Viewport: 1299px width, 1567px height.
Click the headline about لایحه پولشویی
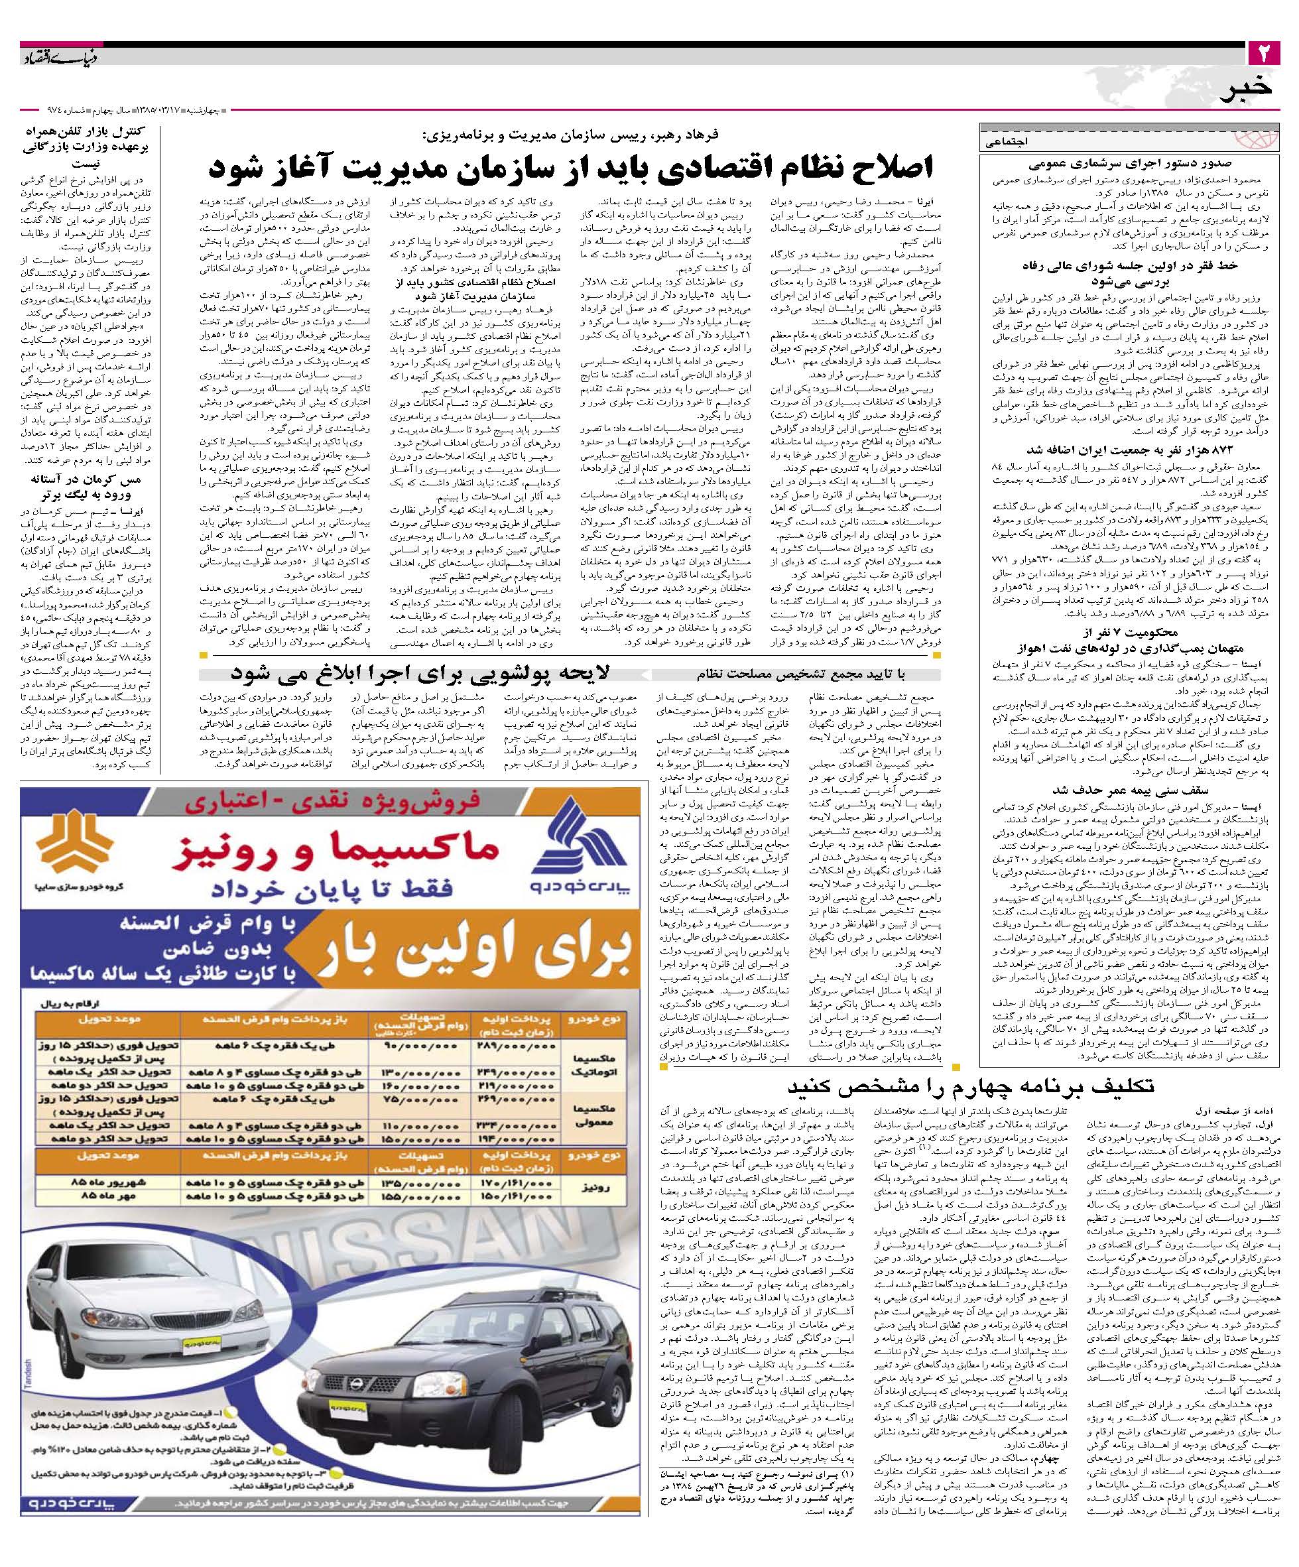click(x=421, y=673)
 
